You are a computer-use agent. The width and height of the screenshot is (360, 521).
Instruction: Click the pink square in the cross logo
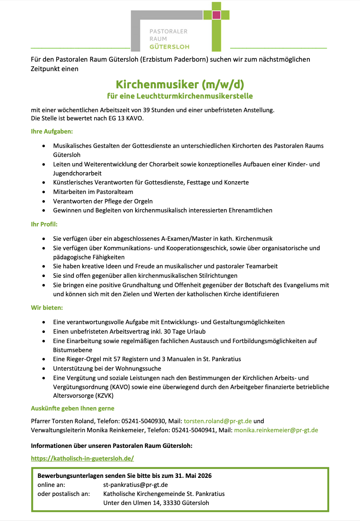[x=216, y=15]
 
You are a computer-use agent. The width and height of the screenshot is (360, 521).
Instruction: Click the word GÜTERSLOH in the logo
[x=169, y=46]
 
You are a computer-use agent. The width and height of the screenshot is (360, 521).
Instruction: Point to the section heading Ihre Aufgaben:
[x=52, y=132]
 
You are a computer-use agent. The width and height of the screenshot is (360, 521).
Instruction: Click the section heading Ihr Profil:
[x=44, y=224]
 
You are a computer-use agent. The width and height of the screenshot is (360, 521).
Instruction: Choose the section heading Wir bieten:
[x=47, y=307]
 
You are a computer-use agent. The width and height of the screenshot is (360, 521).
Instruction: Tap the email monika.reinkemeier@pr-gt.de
[x=276, y=430]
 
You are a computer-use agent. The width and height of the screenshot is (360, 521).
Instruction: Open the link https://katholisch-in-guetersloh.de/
[x=83, y=458]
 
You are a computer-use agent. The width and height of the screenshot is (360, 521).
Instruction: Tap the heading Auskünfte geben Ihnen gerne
[x=73, y=408]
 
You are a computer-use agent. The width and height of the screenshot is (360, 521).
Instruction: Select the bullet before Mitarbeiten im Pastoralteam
[x=44, y=192]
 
